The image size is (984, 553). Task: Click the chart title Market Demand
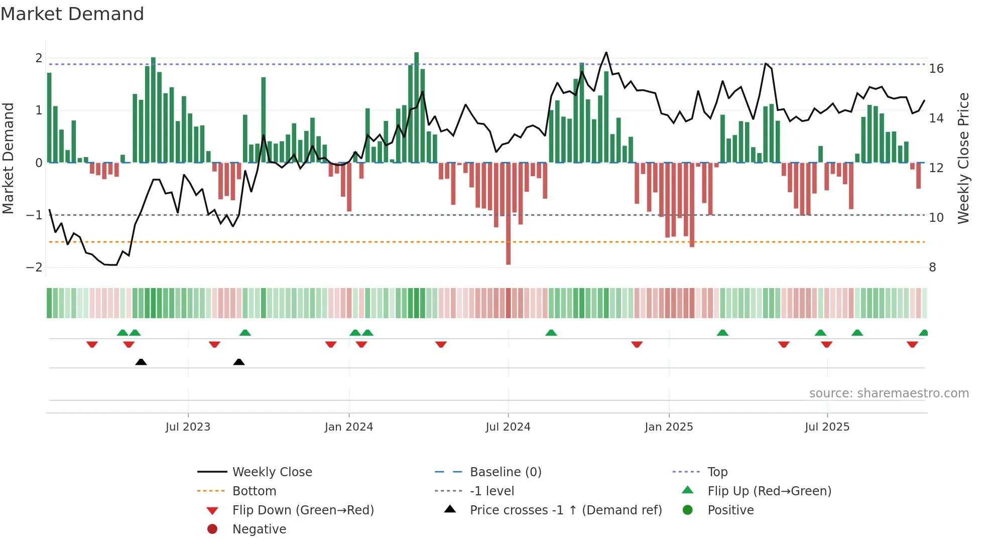(x=72, y=14)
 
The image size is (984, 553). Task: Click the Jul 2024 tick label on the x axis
(x=508, y=427)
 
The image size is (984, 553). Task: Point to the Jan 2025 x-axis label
(x=668, y=427)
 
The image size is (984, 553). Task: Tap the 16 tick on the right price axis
(x=936, y=69)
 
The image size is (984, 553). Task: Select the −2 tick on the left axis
(x=34, y=267)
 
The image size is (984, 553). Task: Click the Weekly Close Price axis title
(x=963, y=158)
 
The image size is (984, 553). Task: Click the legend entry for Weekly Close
(x=272, y=472)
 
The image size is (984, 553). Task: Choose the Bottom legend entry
(x=254, y=491)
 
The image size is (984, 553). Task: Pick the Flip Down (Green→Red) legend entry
(x=303, y=510)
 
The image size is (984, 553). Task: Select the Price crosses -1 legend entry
(x=565, y=510)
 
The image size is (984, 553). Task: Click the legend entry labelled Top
(x=717, y=472)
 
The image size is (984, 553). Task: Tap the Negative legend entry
(x=259, y=529)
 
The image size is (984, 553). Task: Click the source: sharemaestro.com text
(x=889, y=393)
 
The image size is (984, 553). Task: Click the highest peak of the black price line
(x=606, y=53)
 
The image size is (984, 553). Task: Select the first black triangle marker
(x=141, y=362)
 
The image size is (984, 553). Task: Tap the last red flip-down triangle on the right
(x=912, y=344)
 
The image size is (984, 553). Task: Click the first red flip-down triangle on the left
(x=92, y=344)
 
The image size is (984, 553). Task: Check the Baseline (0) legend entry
(x=505, y=472)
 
